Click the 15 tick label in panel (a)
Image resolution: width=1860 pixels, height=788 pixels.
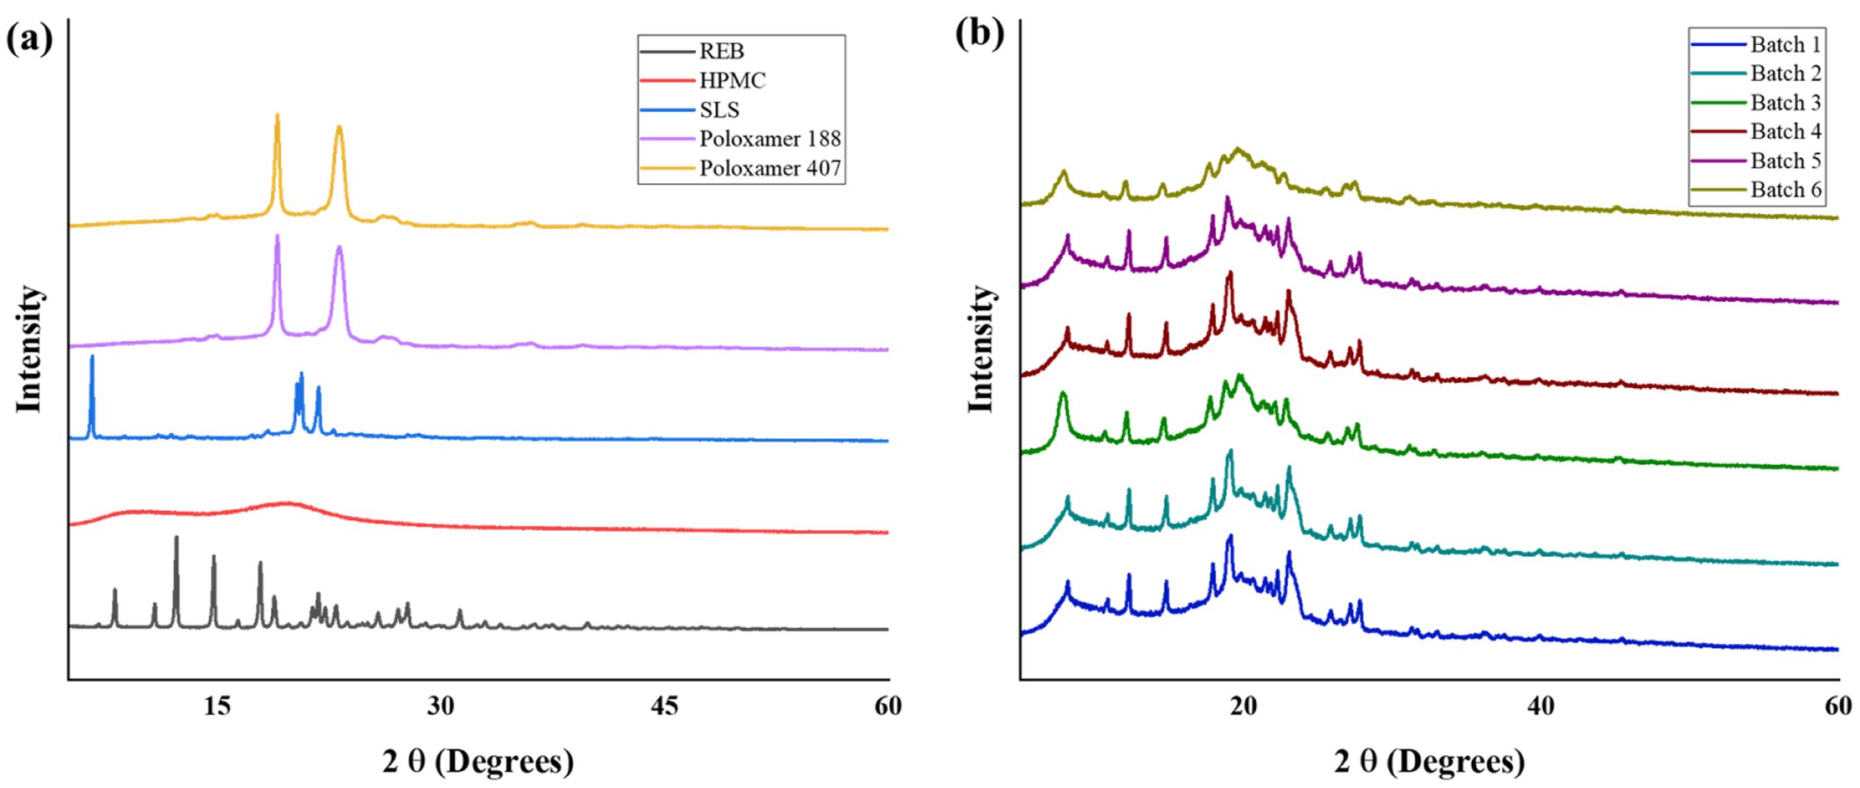217,706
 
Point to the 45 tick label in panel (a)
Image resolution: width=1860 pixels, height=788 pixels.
664,706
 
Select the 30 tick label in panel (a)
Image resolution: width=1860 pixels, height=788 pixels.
441,706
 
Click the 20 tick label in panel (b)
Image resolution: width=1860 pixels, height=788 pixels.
1244,706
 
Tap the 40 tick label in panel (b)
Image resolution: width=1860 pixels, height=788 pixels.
1541,706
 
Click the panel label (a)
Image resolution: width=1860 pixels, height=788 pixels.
30,38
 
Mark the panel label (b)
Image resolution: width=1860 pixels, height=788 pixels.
979,33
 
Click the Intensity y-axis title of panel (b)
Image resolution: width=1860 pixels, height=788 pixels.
982,349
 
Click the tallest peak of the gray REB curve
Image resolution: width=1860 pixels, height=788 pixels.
176,539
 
